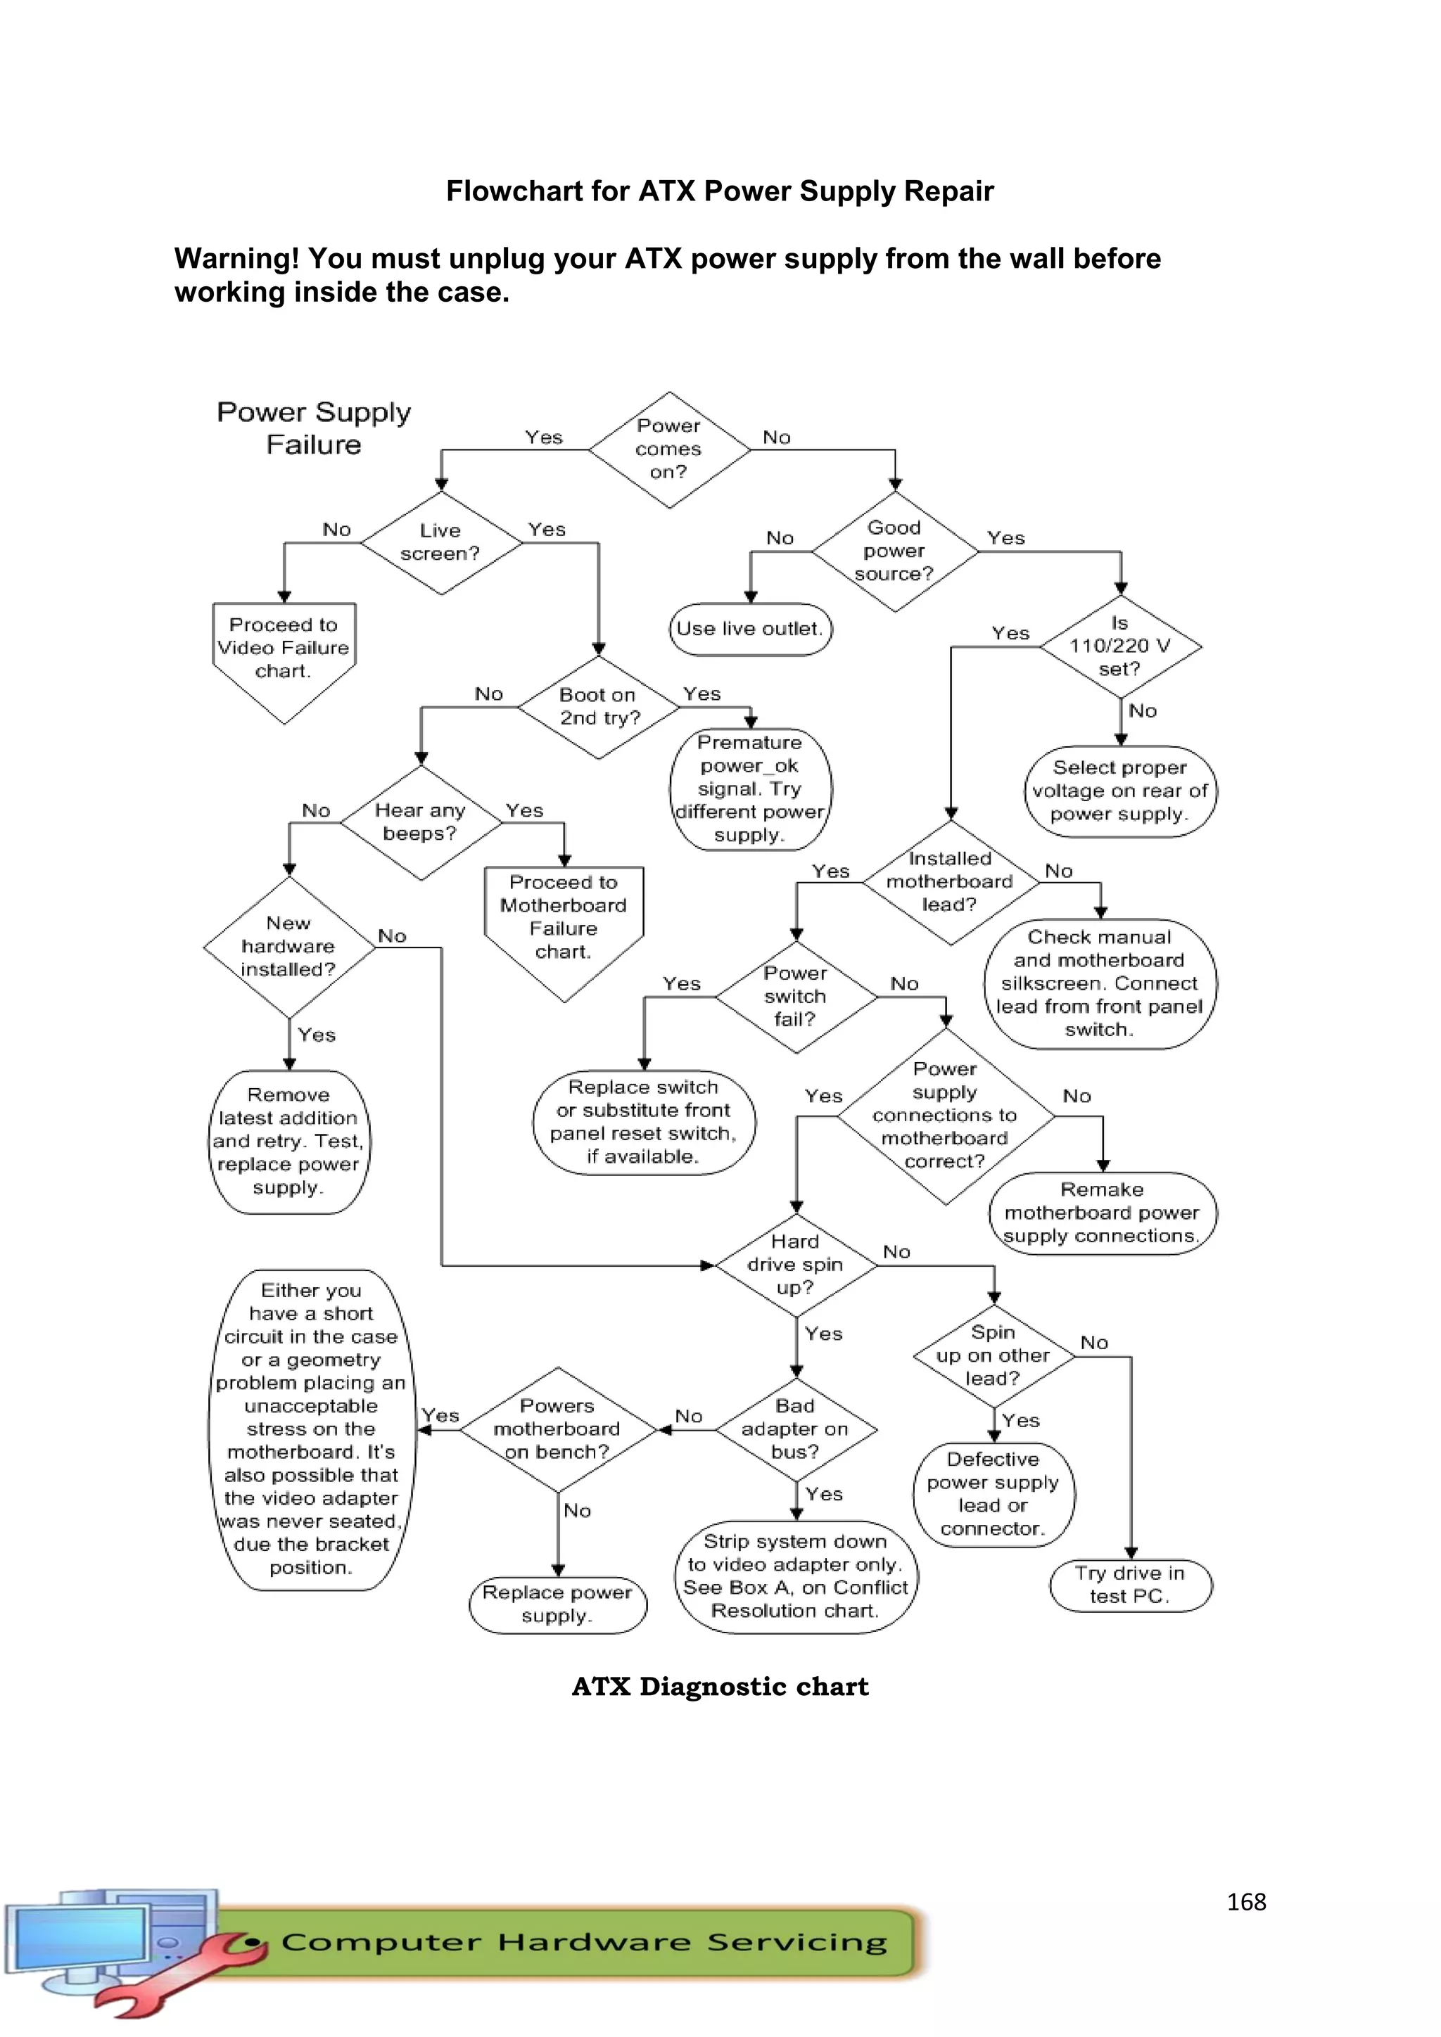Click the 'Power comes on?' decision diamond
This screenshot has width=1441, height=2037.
click(x=669, y=449)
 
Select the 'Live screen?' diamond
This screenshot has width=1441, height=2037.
click(x=441, y=542)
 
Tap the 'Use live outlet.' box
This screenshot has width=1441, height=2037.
click(x=750, y=629)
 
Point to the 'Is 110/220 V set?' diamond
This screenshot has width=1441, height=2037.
click(x=1119, y=646)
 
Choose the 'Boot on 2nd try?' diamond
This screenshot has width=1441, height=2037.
click(x=599, y=707)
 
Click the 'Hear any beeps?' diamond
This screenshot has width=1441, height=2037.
click(x=421, y=822)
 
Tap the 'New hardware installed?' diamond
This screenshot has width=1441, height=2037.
click(x=288, y=947)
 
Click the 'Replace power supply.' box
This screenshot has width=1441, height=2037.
click(x=557, y=1604)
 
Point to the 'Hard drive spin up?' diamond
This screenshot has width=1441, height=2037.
click(x=795, y=1265)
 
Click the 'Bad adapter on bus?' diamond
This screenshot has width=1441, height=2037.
click(x=795, y=1429)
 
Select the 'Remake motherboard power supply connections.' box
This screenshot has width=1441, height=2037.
click(x=1102, y=1213)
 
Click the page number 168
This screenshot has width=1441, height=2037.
click(x=1246, y=1901)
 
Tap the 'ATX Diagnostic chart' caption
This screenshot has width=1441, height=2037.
click(x=720, y=1687)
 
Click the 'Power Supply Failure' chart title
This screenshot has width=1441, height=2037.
click(x=314, y=428)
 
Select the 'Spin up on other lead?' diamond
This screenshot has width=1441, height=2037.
click(x=993, y=1355)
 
